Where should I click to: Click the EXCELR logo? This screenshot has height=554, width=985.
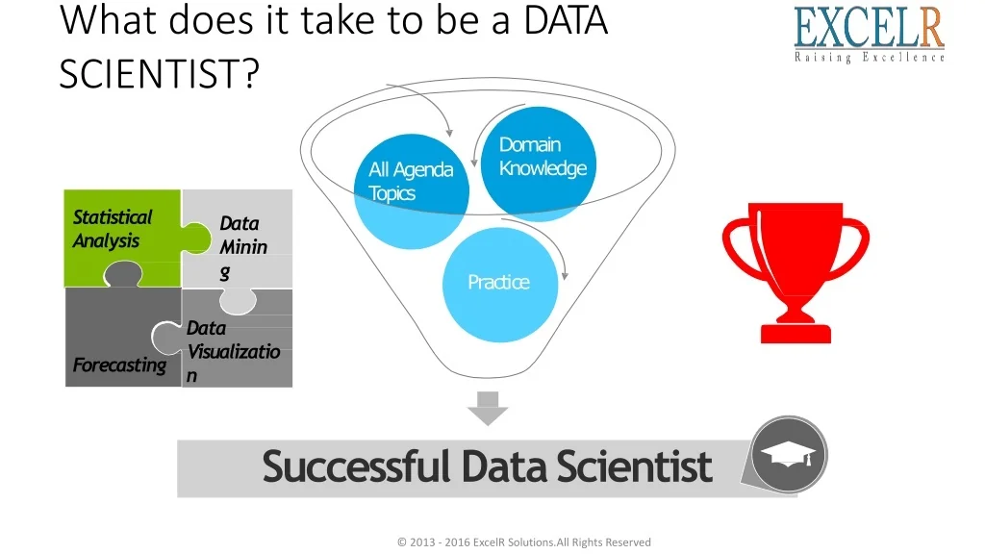869,35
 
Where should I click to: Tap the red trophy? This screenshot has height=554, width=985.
796,272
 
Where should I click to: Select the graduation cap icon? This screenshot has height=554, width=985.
788,455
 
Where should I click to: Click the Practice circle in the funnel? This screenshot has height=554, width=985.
500,285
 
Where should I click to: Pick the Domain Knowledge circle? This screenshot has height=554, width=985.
539,164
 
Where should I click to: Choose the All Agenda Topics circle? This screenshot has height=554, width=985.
412,191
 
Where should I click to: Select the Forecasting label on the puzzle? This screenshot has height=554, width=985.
119,365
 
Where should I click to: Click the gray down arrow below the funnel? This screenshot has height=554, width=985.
488,408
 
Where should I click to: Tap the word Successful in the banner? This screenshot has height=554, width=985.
356,466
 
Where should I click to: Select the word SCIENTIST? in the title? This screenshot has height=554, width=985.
160,73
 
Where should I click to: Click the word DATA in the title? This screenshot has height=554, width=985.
566,20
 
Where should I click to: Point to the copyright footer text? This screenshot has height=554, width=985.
524,542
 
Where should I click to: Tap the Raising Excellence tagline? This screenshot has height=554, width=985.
870,58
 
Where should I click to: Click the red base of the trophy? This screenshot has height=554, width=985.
796,334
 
